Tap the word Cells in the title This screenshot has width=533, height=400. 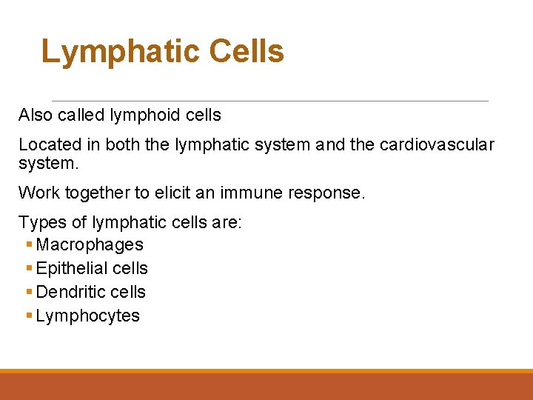point(247,52)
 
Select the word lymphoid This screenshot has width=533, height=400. point(144,115)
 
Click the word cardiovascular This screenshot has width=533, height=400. point(437,144)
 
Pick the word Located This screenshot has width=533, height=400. point(47,144)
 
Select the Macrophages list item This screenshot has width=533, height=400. point(90,244)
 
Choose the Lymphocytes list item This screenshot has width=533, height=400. point(87,316)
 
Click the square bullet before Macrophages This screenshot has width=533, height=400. point(28,245)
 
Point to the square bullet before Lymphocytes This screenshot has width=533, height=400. point(28,316)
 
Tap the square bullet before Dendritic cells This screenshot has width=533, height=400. point(28,293)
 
